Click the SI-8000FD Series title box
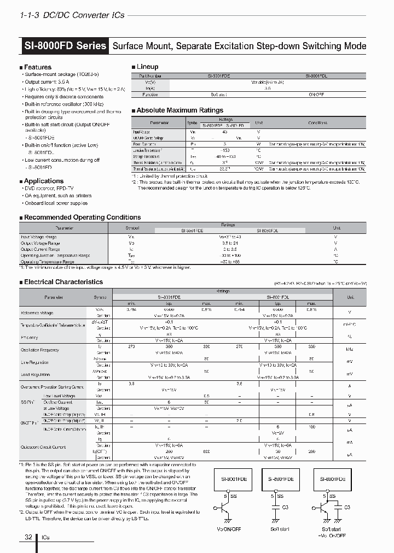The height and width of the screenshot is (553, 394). (65, 46)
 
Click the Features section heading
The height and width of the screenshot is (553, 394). (37, 67)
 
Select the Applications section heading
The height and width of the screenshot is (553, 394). (43, 181)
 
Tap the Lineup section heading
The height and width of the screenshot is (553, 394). (147, 67)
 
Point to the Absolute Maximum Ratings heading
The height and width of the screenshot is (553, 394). (179, 110)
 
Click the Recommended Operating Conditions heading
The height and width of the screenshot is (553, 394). (82, 217)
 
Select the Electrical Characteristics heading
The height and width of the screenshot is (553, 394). (63, 282)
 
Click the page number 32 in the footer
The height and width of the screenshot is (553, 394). (28, 538)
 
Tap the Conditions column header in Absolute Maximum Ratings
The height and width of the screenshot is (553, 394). (317, 123)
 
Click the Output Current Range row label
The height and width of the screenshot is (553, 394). (41, 249)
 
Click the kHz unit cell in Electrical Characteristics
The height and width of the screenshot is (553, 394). (351, 349)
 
